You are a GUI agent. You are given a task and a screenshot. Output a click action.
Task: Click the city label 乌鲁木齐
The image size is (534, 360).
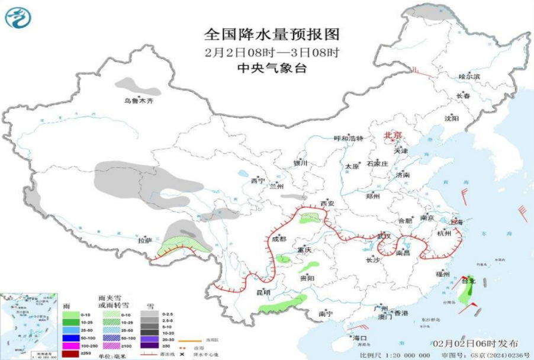click(139, 101)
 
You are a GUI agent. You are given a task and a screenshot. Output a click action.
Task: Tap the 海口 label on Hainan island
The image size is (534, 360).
click(360, 337)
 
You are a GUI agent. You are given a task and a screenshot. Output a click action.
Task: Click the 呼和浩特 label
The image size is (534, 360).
click(348, 138)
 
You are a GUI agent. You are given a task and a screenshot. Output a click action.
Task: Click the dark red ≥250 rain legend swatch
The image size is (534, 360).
click(70, 354)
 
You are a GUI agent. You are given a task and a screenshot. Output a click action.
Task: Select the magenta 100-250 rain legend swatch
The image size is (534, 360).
click(70, 346)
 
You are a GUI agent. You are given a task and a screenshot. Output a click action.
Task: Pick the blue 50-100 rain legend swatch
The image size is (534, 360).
click(70, 339)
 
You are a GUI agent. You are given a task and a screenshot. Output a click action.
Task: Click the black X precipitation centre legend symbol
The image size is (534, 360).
click(182, 353)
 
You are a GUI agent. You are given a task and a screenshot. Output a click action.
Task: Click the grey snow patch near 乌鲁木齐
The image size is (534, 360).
click(133, 84)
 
